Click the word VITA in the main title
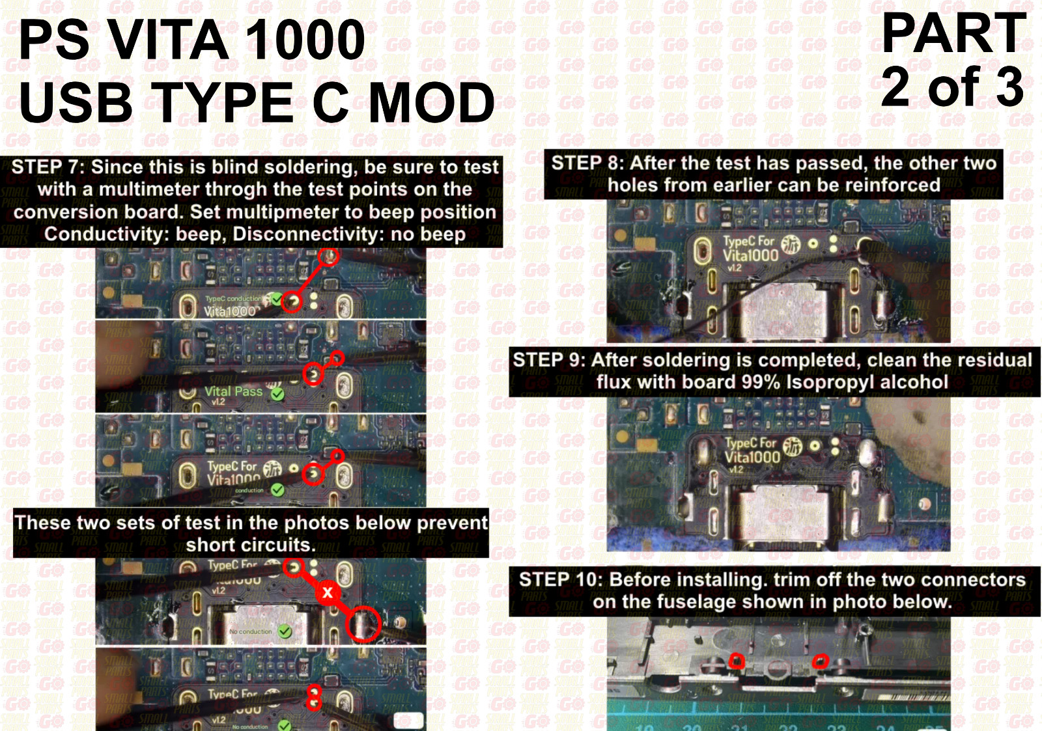tap(169, 40)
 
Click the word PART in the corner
tap(953, 34)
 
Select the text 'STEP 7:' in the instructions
tap(48, 167)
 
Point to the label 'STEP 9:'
tap(548, 360)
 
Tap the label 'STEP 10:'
tap(560, 579)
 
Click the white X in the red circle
tap(328, 592)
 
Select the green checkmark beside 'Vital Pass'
tap(277, 394)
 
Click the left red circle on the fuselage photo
tap(737, 661)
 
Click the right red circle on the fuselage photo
tap(821, 661)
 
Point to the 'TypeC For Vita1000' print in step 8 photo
tap(750, 249)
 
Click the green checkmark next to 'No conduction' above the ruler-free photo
tap(285, 631)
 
